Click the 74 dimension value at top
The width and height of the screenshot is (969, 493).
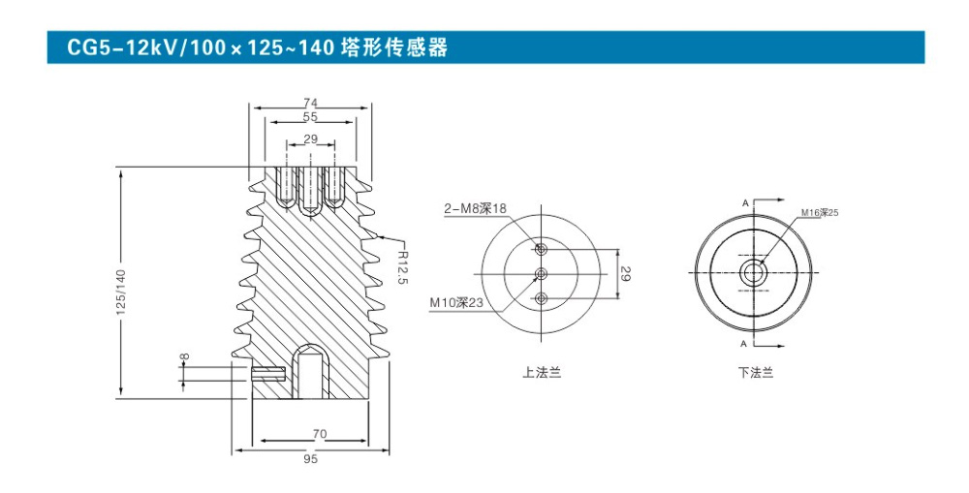pyautogui.click(x=310, y=104)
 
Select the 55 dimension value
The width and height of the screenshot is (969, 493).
pyautogui.click(x=310, y=116)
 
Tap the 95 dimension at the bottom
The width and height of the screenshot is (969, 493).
pyautogui.click(x=311, y=460)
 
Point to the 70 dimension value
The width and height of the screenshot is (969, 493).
pyautogui.click(x=320, y=434)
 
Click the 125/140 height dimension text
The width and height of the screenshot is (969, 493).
pyautogui.click(x=120, y=292)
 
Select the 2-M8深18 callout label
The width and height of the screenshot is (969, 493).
pyautogui.click(x=475, y=209)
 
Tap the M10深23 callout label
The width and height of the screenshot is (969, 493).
pyautogui.click(x=456, y=303)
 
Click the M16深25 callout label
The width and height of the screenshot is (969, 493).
pyautogui.click(x=820, y=213)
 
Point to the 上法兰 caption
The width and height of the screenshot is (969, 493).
pyautogui.click(x=542, y=373)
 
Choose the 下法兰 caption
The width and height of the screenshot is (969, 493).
pyautogui.click(x=755, y=373)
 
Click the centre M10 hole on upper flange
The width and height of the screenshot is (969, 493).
pyautogui.click(x=542, y=273)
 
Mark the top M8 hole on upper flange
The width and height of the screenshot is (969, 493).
pyautogui.click(x=542, y=249)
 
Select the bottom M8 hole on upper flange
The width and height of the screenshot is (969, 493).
pyautogui.click(x=542, y=299)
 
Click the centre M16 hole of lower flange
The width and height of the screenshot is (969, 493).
pyautogui.click(x=754, y=272)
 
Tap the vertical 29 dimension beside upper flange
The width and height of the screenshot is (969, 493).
pyautogui.click(x=625, y=274)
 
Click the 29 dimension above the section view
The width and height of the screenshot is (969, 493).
pyautogui.click(x=311, y=139)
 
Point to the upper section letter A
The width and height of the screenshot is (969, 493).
pyautogui.click(x=745, y=202)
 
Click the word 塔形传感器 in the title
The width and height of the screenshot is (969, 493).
pyautogui.click(x=394, y=46)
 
